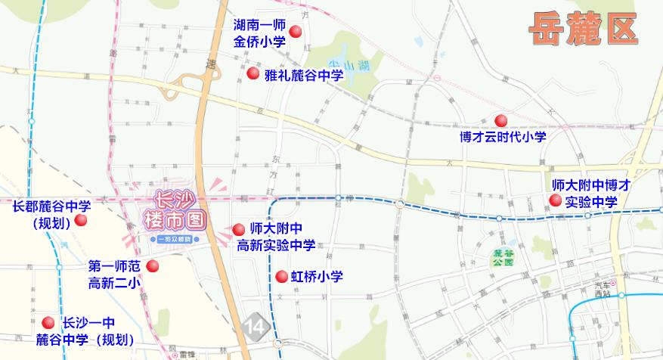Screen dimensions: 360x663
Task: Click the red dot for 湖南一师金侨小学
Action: [296, 32]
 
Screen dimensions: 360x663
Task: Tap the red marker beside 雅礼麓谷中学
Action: [253, 73]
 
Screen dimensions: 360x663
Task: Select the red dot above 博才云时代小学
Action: [500, 120]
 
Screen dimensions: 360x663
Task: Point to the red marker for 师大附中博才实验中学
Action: [556, 200]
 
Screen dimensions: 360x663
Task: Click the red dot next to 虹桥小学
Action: [281, 276]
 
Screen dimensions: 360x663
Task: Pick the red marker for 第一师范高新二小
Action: [152, 266]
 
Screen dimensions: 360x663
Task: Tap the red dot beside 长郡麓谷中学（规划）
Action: [81, 220]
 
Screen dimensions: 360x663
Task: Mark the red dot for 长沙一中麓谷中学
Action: [48, 322]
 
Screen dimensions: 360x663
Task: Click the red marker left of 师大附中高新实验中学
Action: [239, 229]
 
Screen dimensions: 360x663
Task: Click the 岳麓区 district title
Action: [582, 29]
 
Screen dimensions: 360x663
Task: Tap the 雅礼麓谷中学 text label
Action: [304, 75]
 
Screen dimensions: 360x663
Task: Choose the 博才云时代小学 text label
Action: [503, 137]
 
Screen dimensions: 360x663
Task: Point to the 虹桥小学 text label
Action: [317, 277]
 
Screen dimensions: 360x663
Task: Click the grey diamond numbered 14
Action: [257, 326]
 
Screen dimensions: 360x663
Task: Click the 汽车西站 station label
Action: [603, 290]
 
